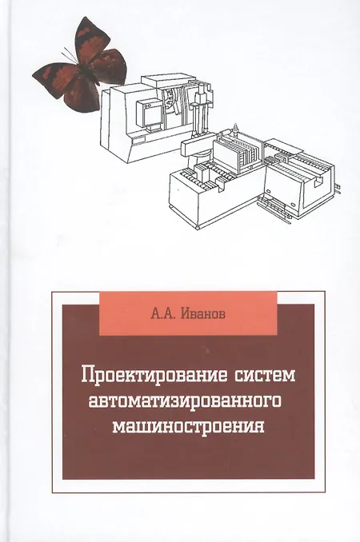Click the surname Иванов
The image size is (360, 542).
point(203,314)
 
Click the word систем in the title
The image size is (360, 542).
point(265,375)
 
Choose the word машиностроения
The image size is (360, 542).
point(189,426)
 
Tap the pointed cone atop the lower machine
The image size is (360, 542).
point(236,128)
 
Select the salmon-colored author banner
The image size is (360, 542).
point(188,313)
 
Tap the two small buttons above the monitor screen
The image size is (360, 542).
point(147,104)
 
